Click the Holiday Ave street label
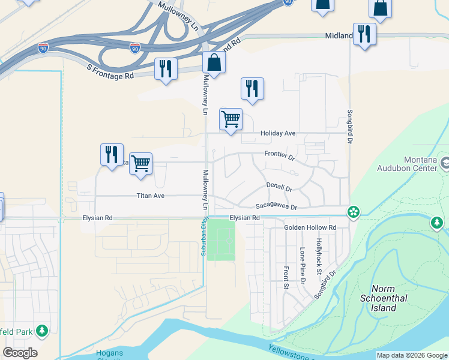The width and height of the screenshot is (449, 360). [x=278, y=133]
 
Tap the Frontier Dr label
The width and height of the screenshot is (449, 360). [x=280, y=155]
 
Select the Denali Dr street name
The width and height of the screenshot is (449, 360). [x=279, y=188]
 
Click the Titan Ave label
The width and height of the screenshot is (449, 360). [x=150, y=196]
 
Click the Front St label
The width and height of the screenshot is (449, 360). [x=286, y=277]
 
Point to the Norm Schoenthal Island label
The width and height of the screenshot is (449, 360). [x=384, y=298]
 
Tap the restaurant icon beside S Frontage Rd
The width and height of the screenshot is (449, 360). [x=165, y=68]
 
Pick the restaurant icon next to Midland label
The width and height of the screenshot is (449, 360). [x=364, y=34]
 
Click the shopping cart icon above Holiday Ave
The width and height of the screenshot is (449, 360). [x=231, y=119]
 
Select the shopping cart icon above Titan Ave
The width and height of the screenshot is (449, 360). [x=141, y=163]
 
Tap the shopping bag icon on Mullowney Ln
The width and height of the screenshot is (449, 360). [x=214, y=62]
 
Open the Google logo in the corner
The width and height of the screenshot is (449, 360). [x=20, y=353]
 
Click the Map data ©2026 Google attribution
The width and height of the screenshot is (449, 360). [x=412, y=355]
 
